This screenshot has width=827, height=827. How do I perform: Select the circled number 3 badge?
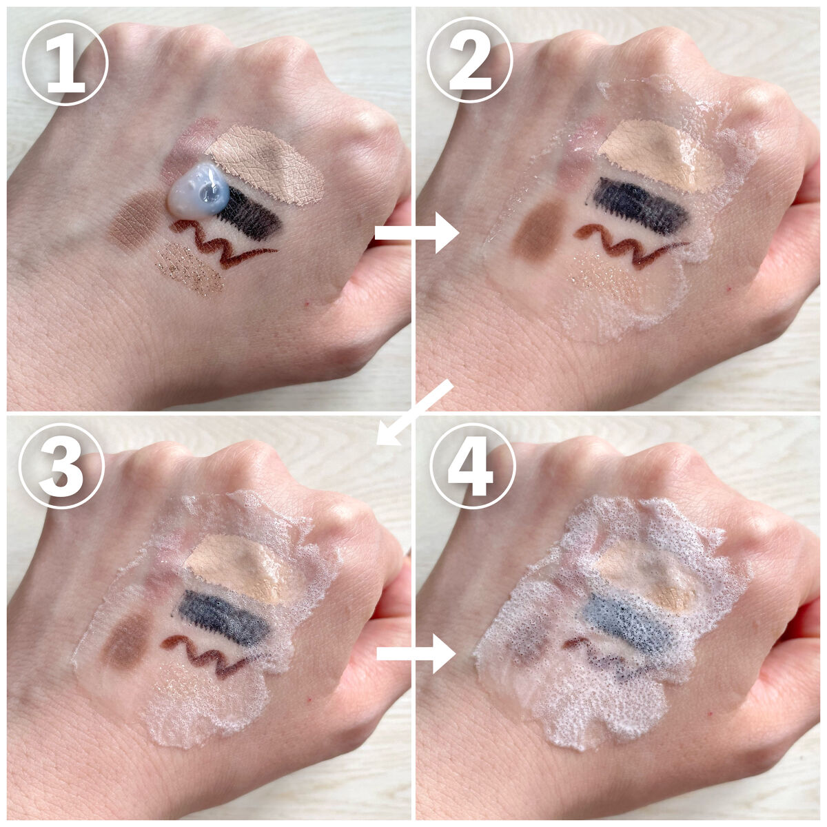(62, 467)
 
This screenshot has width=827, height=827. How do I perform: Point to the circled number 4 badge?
(473, 466)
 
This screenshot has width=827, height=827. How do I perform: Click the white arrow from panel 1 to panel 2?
(417, 234)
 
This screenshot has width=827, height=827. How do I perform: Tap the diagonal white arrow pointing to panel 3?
(414, 412)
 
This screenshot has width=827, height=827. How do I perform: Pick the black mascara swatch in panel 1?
(249, 213)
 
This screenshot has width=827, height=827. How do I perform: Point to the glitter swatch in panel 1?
(190, 269)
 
